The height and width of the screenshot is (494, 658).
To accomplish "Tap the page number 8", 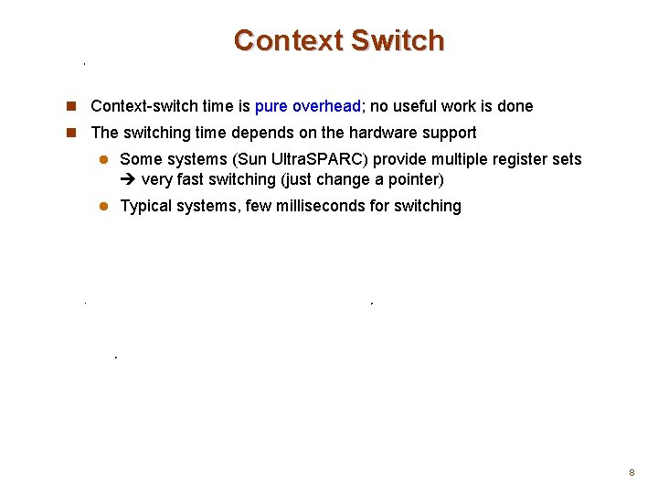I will pos(631,473).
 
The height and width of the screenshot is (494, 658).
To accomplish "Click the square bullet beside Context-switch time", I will pos(71,106).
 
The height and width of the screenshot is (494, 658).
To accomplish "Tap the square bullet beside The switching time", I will pos(71,133).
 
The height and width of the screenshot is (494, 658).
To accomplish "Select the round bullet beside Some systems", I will pos(103,159).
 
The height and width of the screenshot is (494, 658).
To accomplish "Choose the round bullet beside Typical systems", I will pos(103,206).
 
